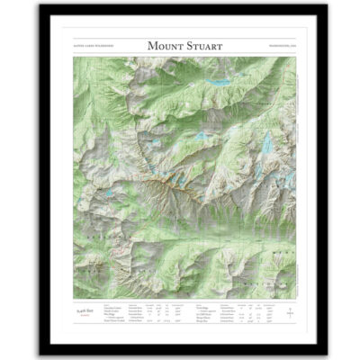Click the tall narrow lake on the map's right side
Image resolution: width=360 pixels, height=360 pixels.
point(266,141)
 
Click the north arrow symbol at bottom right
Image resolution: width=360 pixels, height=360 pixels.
point(289,312)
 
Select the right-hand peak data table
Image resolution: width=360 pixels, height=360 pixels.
point(234,313)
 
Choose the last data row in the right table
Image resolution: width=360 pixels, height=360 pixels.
point(234,322)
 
